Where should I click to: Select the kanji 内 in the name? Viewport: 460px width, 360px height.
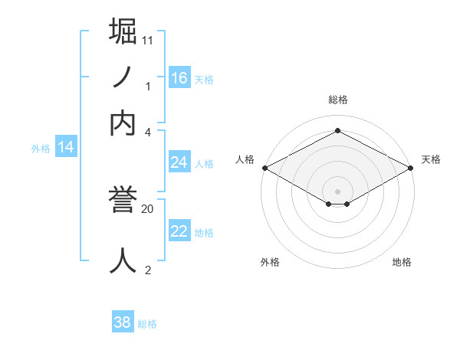(123, 123)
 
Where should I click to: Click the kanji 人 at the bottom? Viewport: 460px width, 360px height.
(123, 260)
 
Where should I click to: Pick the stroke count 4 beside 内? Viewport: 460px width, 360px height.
(148, 131)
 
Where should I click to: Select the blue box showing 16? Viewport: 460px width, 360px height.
(179, 77)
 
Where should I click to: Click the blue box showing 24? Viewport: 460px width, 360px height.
(179, 162)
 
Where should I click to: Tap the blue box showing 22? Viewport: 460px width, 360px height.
(179, 231)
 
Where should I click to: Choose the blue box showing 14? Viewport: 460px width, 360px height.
(66, 147)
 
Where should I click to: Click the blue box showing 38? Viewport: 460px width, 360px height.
(123, 322)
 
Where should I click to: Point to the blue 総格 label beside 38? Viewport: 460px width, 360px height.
(147, 324)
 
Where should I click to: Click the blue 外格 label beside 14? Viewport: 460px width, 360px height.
(41, 149)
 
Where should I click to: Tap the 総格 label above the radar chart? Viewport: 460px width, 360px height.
(337, 100)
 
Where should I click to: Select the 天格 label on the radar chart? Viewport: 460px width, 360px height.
(431, 159)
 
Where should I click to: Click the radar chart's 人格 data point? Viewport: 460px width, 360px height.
(264, 167)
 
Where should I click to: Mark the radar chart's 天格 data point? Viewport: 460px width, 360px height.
(411, 167)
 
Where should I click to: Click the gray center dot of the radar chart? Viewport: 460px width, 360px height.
(337, 191)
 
